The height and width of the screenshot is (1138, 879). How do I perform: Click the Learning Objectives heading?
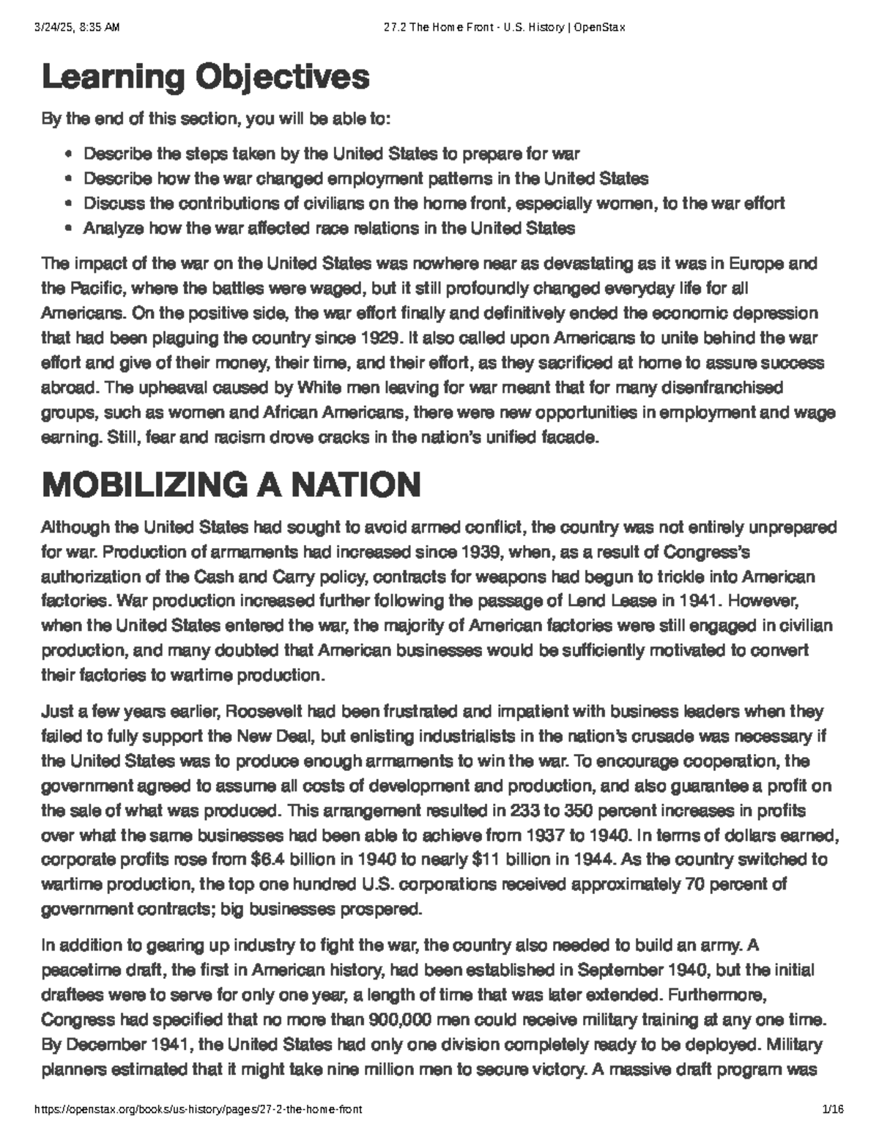(x=206, y=78)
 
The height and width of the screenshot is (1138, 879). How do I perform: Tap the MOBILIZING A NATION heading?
(x=231, y=485)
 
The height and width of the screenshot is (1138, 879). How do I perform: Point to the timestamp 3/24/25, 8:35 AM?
(x=76, y=28)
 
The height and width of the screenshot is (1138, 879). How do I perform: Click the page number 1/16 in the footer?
(x=833, y=1109)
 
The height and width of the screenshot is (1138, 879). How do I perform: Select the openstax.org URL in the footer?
(x=199, y=1109)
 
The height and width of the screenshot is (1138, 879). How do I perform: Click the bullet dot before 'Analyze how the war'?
(x=68, y=229)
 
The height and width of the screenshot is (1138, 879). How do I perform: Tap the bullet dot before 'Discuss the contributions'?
(x=68, y=204)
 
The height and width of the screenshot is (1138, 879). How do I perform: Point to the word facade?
(x=574, y=438)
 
